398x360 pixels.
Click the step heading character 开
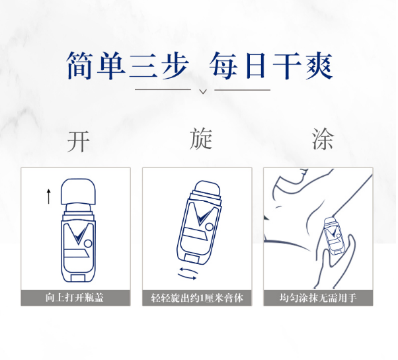(x=79, y=141)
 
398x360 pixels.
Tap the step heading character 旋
(x=201, y=138)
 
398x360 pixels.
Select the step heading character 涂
(x=323, y=138)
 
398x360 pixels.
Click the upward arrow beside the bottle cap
(x=48, y=196)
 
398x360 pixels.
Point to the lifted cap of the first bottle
(x=79, y=191)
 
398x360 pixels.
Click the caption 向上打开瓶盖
(x=75, y=297)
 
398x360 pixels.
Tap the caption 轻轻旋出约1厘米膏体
(x=197, y=298)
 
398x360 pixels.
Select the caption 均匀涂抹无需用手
(x=318, y=297)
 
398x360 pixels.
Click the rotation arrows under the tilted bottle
(x=188, y=273)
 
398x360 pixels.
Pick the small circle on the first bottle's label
(x=88, y=244)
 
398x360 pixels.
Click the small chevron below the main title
(x=203, y=91)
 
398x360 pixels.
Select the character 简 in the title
(x=79, y=66)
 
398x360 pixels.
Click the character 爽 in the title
(x=319, y=66)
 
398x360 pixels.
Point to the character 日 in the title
(x=256, y=66)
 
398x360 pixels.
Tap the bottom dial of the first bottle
(x=78, y=278)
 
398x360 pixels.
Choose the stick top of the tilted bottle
(x=208, y=188)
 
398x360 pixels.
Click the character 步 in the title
(x=175, y=66)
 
